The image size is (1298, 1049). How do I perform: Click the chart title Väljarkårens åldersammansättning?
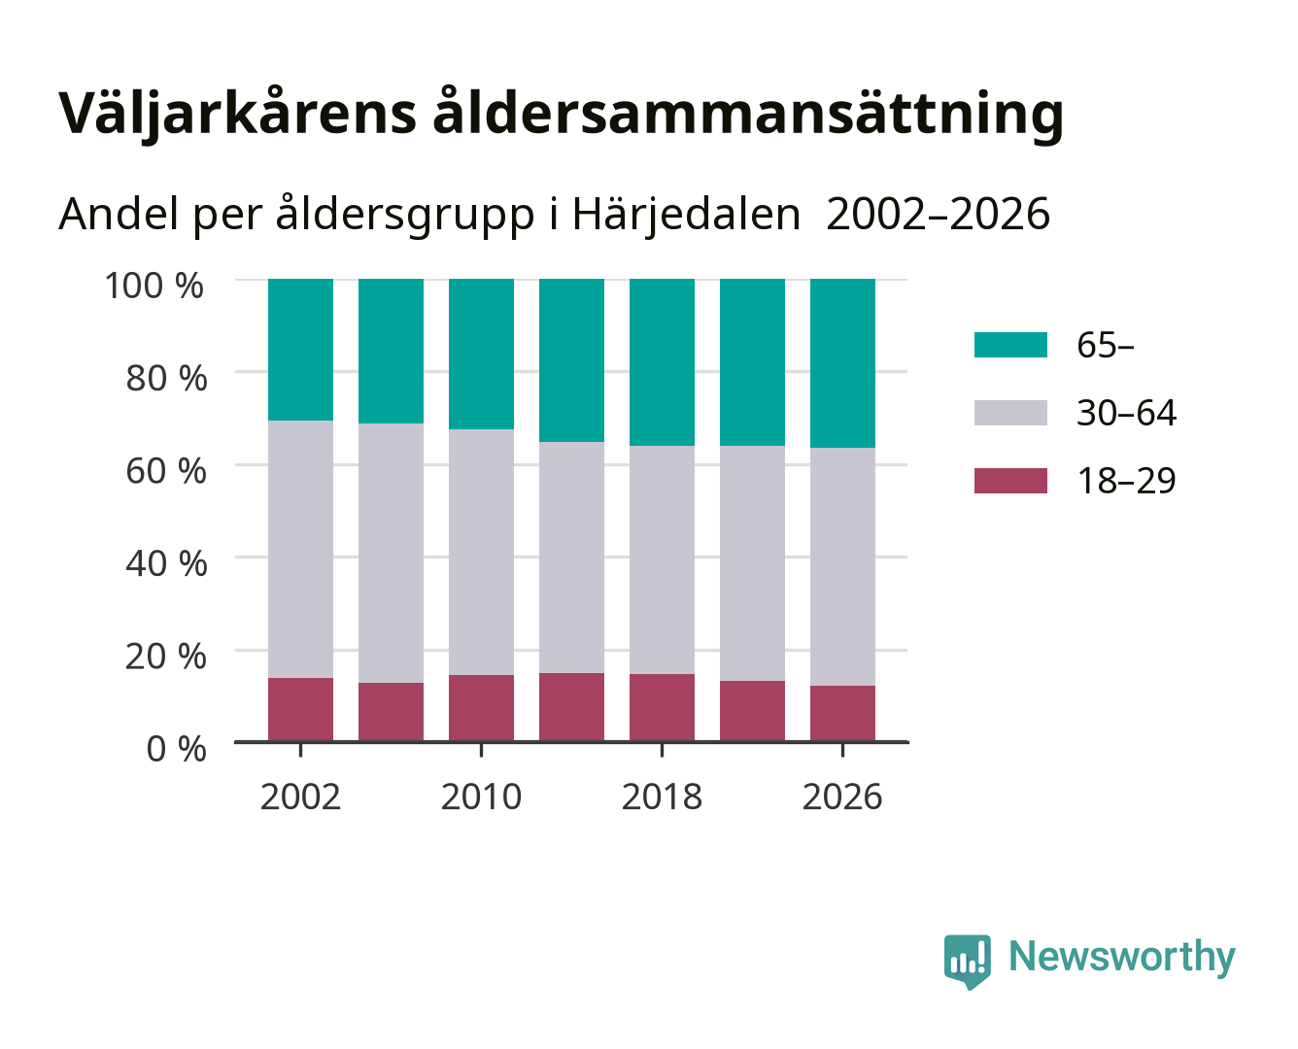click(561, 114)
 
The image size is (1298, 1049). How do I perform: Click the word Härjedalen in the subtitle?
click(686, 215)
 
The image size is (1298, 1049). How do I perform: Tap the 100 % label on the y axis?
click(154, 286)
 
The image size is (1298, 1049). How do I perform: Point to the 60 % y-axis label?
click(166, 471)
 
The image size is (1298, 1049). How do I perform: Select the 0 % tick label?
click(176, 749)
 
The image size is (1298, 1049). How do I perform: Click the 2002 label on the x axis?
click(300, 796)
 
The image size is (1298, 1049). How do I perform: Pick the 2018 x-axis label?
click(662, 796)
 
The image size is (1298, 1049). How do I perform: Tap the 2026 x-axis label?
click(842, 796)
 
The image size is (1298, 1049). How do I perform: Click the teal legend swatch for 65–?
click(1010, 345)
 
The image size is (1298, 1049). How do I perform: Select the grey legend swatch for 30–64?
click(1010, 413)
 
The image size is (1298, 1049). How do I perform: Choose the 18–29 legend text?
click(1126, 481)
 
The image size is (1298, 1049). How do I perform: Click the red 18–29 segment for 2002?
click(300, 709)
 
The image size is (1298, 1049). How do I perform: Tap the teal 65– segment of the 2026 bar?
click(842, 363)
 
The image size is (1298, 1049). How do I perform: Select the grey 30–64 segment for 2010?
click(482, 552)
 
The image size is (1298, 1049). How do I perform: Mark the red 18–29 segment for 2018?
click(662, 707)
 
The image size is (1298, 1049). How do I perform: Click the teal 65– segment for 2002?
click(300, 350)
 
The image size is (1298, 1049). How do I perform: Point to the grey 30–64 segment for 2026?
click(842, 567)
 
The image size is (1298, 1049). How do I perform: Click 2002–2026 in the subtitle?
click(938, 215)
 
